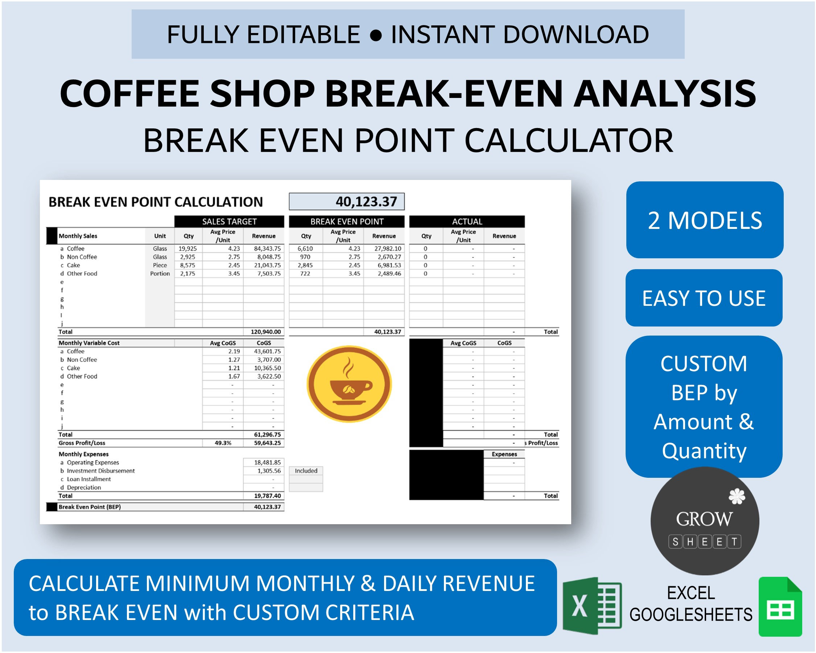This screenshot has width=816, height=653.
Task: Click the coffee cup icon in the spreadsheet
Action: (x=349, y=384)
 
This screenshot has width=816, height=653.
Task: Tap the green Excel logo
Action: (x=592, y=606)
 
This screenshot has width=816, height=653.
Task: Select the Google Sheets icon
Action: (x=780, y=607)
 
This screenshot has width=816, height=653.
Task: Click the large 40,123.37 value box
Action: (x=346, y=201)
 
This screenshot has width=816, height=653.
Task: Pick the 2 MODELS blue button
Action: (x=704, y=220)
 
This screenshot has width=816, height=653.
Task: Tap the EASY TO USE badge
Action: (x=704, y=298)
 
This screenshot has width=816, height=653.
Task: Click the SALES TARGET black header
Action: (x=229, y=221)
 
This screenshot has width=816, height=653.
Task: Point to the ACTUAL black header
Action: (x=467, y=221)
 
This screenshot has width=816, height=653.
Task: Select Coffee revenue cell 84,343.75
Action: (x=267, y=249)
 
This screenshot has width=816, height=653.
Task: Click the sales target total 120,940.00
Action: (x=266, y=332)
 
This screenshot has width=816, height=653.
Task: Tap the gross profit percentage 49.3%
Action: (x=223, y=443)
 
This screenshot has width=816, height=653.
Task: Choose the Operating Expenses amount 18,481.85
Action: (x=267, y=463)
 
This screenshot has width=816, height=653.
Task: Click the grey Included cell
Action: (x=306, y=471)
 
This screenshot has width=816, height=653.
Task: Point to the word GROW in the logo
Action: (x=704, y=519)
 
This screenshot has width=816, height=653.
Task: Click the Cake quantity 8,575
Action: (x=188, y=265)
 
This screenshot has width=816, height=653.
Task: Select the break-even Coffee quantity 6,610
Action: (x=305, y=249)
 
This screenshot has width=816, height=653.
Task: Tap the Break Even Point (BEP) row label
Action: (x=90, y=507)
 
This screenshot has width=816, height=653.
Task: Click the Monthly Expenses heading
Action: (x=84, y=454)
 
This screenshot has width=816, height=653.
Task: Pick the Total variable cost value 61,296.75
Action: (x=267, y=435)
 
